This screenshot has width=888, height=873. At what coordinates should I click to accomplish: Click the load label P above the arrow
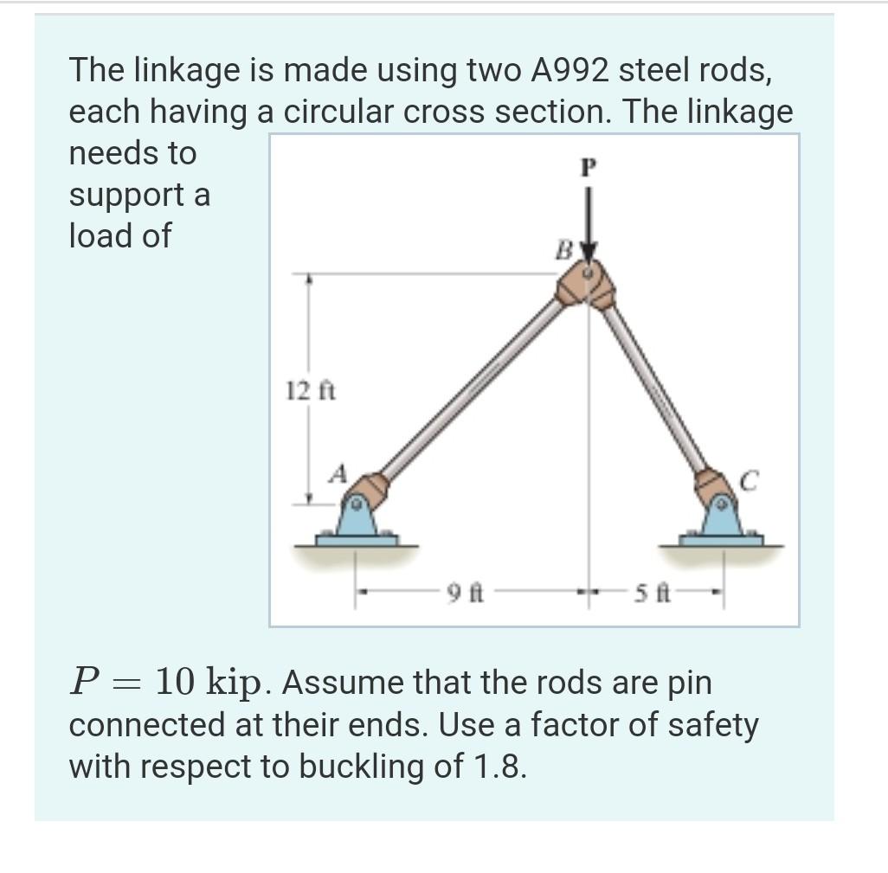pos(588,168)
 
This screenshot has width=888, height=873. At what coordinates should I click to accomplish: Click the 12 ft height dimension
pos(299,391)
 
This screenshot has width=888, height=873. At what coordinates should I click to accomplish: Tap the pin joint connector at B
pos(586,285)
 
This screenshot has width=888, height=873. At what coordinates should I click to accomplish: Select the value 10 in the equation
pos(177,683)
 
